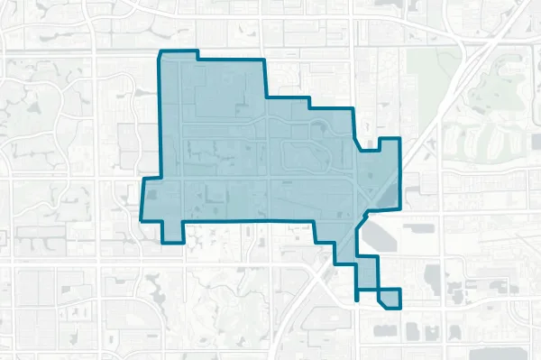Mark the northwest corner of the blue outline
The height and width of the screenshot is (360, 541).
coord(160,53)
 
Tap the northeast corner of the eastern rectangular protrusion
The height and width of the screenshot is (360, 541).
coord(399,140)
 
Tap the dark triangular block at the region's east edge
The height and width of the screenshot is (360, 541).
coord(385,194)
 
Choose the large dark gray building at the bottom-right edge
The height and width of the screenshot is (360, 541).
coord(501,353)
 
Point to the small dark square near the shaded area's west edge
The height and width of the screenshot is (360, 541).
coord(151,193)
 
